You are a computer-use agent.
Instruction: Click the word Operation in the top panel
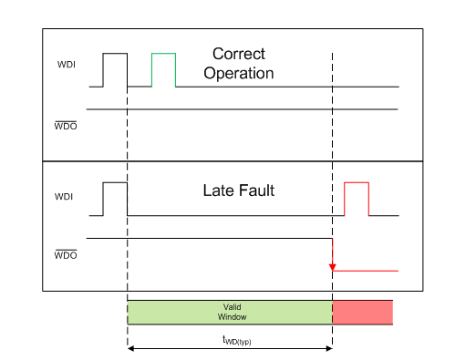pyautogui.click(x=243, y=72)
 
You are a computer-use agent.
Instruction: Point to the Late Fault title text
pyautogui.click(x=237, y=192)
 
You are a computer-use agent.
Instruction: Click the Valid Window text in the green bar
pyautogui.click(x=232, y=313)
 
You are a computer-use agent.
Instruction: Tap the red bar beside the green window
pyautogui.click(x=362, y=313)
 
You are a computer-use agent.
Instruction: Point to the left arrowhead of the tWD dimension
pyautogui.click(x=131, y=348)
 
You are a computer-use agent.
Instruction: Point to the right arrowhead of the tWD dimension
pyautogui.click(x=328, y=348)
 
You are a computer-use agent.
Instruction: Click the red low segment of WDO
pyautogui.click(x=366, y=271)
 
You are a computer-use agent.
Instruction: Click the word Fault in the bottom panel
pyautogui.click(x=256, y=192)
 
